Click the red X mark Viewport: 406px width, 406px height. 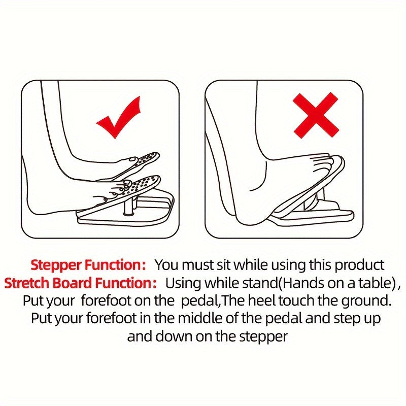pyautogui.click(x=316, y=115)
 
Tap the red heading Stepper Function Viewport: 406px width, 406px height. pyautogui.click(x=88, y=265)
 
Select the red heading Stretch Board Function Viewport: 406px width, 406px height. pyautogui.click(x=81, y=283)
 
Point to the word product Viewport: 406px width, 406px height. pyautogui.click(x=359, y=265)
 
